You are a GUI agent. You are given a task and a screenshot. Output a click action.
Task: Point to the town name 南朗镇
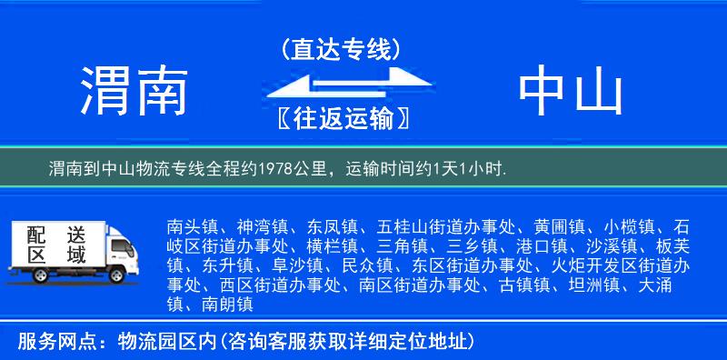[223, 305]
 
